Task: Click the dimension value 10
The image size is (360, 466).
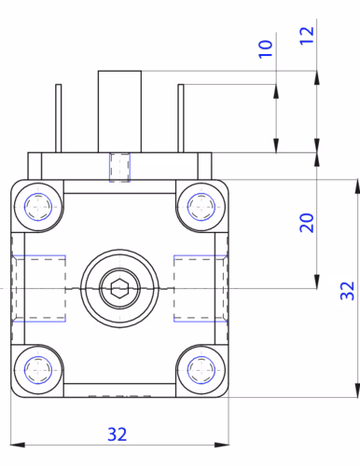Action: (x=266, y=48)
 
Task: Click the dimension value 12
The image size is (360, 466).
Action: (x=307, y=35)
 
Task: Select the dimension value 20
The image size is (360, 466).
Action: (x=307, y=223)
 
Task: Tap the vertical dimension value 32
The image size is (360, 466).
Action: (x=347, y=291)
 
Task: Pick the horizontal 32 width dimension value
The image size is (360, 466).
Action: (x=118, y=434)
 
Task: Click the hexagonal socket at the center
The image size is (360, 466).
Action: (x=119, y=288)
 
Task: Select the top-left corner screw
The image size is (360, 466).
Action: (x=38, y=207)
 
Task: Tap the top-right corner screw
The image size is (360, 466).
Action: (x=201, y=207)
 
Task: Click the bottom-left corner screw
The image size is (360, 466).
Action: (x=38, y=370)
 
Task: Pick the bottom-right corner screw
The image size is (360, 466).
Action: (x=201, y=370)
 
